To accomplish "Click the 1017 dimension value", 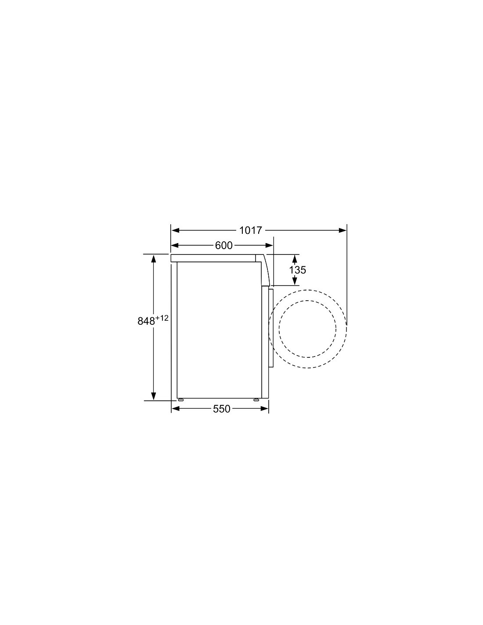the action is [251, 230].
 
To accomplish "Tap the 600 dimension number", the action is [223, 245].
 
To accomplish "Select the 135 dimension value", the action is [297, 270].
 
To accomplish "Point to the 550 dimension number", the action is [222, 409].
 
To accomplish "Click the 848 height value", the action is [147, 321].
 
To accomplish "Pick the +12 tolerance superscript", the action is [162, 318].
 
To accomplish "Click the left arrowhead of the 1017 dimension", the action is [175, 230].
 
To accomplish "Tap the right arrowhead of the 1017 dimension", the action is [342, 230].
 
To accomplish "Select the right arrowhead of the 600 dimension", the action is [269, 245].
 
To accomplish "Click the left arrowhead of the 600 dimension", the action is [175, 245].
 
